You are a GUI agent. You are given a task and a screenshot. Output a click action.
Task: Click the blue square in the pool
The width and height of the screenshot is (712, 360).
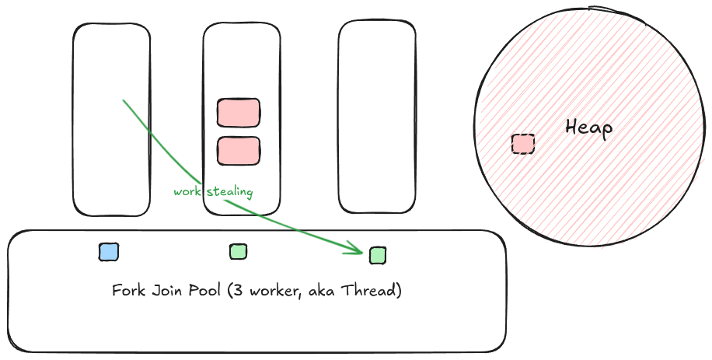109,252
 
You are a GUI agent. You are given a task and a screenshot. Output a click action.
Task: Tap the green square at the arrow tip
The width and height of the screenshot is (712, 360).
378,255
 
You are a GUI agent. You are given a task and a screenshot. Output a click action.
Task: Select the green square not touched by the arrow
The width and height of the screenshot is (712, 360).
239,251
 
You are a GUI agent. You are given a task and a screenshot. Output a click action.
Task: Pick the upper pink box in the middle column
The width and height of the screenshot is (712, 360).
239,113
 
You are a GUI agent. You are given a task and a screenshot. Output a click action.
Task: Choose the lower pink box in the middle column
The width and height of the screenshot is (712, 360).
239,150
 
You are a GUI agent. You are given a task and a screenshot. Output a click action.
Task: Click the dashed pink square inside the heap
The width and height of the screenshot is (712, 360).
523,144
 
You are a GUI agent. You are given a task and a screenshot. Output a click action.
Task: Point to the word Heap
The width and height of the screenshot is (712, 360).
588,128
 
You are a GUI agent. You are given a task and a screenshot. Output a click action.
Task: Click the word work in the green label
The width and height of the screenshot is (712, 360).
186,191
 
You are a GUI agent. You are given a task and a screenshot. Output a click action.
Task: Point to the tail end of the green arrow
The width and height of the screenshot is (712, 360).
124,100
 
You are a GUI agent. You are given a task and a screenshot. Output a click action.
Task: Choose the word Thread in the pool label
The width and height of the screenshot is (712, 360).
373,291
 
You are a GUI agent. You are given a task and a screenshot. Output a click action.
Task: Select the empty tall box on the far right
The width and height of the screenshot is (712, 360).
377,117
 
